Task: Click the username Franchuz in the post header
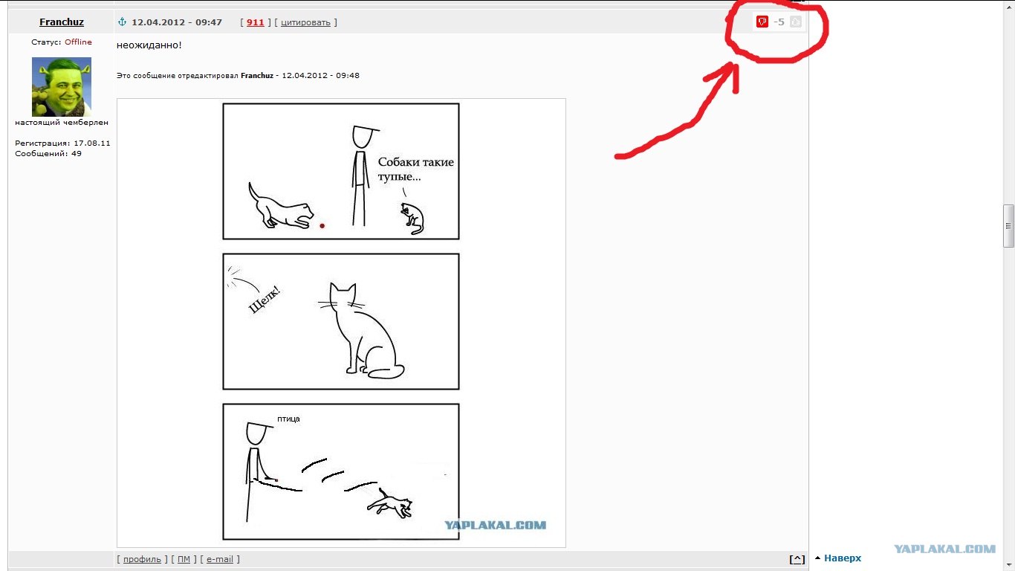coord(62,22)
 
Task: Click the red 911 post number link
coord(255,22)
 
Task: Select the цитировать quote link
coord(305,22)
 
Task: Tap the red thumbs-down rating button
coord(762,22)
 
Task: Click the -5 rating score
coord(779,22)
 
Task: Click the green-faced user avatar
coord(62,87)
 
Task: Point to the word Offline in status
coord(78,42)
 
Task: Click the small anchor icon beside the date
coord(122,22)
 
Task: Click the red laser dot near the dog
coord(322,225)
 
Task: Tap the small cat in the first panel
coord(412,218)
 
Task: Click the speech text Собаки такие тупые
coord(415,169)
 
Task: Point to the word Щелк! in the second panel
coord(265,300)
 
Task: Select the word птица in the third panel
coord(288,419)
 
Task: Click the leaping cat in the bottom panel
coord(390,504)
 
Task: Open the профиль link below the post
coord(142,559)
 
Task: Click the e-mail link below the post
coord(220,559)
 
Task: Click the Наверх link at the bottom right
coord(843,558)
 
